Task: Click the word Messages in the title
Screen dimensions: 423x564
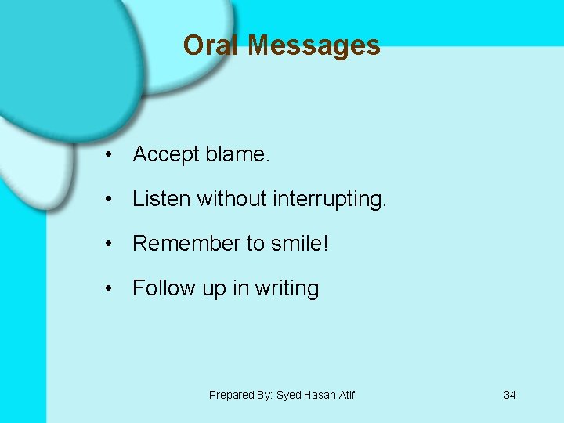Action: tap(313, 45)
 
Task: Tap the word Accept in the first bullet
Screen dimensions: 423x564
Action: tap(166, 155)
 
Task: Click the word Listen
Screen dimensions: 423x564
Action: tap(161, 199)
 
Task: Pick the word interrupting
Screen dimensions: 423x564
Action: tap(330, 200)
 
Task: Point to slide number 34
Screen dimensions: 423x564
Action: tap(509, 395)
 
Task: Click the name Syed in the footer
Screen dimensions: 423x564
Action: tap(288, 395)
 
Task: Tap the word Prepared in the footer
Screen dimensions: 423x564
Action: tap(231, 395)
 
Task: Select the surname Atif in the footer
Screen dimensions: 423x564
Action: tap(345, 395)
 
